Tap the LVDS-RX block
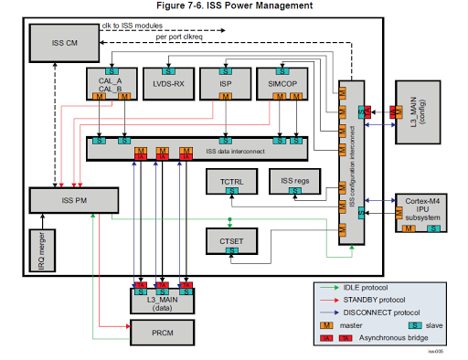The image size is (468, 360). tap(168, 85)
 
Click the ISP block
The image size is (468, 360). tap(226, 85)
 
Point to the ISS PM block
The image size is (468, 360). tap(72, 199)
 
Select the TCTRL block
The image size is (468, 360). tap(232, 183)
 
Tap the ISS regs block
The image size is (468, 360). tap(294, 183)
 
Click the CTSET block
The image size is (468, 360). tap(232, 239)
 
